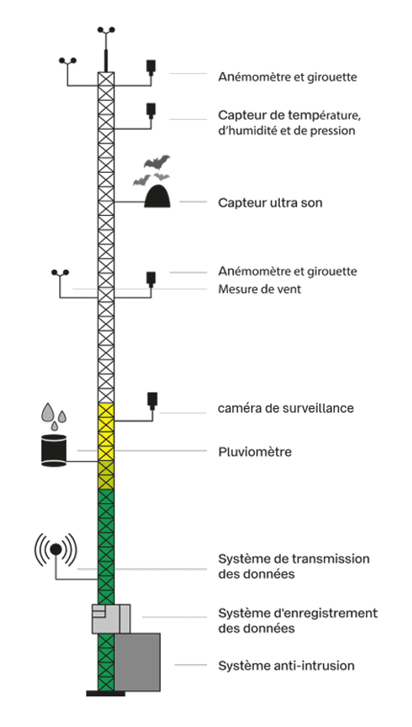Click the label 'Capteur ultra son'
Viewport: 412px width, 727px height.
pyautogui.click(x=270, y=203)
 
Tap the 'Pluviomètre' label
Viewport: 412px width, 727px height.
pyautogui.click(x=255, y=452)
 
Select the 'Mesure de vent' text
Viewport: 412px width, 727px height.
pyautogui.click(x=259, y=289)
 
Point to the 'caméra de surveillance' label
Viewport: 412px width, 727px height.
pyautogui.click(x=285, y=408)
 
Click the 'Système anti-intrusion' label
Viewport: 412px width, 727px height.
pyautogui.click(x=286, y=666)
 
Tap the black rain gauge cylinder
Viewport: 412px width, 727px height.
pyautogui.click(x=54, y=450)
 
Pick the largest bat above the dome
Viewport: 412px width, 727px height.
pyautogui.click(x=157, y=161)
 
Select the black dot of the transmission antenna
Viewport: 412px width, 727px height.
pyautogui.click(x=55, y=549)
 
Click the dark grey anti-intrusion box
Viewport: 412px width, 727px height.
pyautogui.click(x=137, y=662)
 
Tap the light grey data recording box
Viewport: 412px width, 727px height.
pyautogui.click(x=111, y=619)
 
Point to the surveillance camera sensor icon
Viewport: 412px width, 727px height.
pyautogui.click(x=153, y=400)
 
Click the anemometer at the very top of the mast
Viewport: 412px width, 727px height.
pyautogui.click(x=106, y=31)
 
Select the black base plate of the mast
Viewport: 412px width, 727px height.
pyautogui.click(x=106, y=694)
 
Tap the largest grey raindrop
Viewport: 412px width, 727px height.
pyautogui.click(x=48, y=412)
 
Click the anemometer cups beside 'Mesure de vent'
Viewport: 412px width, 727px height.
pyautogui.click(x=60, y=273)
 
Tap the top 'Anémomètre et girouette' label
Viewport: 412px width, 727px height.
pyautogui.click(x=288, y=77)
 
